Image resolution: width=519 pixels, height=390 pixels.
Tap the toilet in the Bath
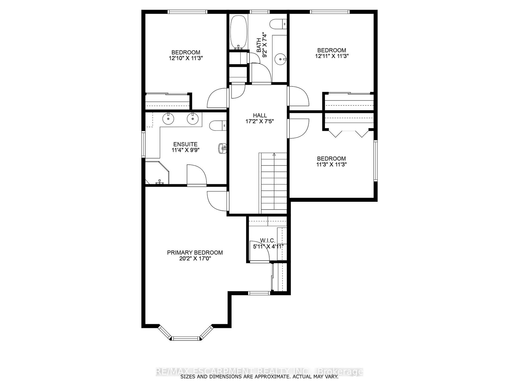click(278, 24)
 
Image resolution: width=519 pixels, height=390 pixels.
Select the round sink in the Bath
click(280, 58)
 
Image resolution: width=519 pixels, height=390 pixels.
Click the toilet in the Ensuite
click(218, 125)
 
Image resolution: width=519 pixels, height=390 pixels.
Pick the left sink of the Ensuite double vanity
click(168, 119)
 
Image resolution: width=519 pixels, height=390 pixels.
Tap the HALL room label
click(260, 116)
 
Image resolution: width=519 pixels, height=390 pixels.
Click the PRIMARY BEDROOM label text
click(195, 253)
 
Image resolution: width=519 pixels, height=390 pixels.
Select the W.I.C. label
click(268, 240)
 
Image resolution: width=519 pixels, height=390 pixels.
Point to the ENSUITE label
click(185, 144)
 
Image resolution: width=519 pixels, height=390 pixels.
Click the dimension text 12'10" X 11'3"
click(186, 58)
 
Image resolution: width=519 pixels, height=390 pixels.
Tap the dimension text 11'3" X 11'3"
click(331, 164)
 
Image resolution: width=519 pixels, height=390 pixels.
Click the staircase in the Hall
click(273, 183)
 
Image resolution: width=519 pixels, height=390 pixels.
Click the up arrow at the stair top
click(274, 154)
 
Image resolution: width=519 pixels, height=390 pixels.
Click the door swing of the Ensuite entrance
click(197, 175)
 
